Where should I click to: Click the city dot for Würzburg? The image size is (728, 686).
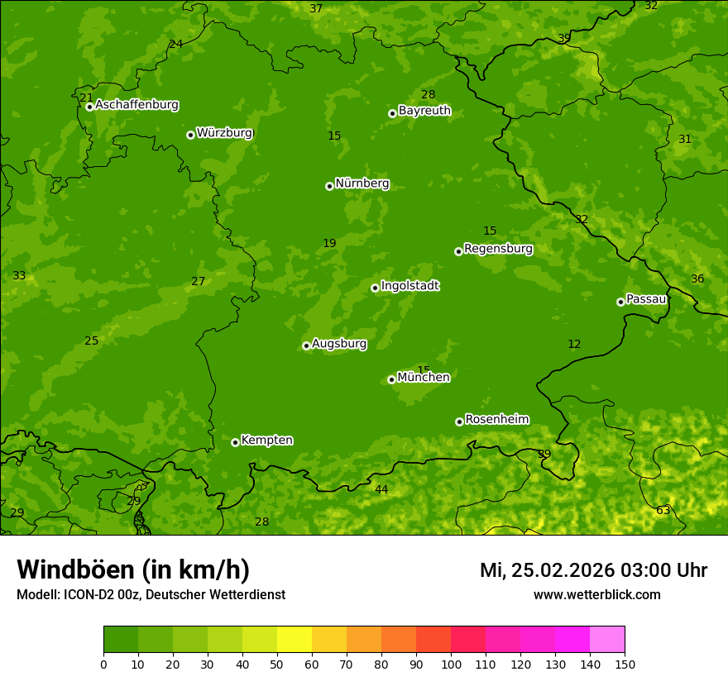(190, 135)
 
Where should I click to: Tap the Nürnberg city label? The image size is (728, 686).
(362, 183)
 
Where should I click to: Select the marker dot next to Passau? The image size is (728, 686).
(620, 302)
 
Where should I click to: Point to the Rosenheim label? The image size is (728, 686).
(496, 420)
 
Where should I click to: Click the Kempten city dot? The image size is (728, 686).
(235, 442)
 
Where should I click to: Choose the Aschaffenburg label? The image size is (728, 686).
(136, 105)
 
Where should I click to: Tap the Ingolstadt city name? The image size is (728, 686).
(409, 286)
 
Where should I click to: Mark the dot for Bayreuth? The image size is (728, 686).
(392, 113)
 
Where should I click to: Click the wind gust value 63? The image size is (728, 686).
(663, 511)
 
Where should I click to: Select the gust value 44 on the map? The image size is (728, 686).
(381, 490)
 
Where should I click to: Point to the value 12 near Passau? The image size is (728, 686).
(574, 345)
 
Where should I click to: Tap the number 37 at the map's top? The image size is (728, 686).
(316, 9)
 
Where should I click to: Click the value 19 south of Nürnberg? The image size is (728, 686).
(329, 244)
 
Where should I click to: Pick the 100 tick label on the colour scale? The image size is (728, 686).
(451, 664)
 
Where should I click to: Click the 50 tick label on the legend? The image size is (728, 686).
(277, 664)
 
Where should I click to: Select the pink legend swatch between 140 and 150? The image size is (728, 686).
(607, 640)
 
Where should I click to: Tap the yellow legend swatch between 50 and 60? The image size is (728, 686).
(295, 640)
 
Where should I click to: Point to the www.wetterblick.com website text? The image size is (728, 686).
(596, 595)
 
